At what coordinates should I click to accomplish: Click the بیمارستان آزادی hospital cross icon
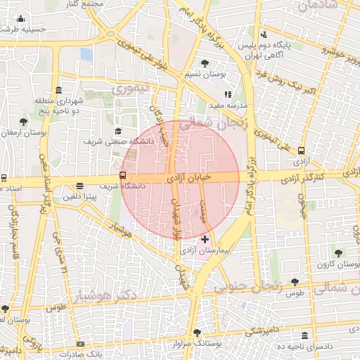[x=205, y=240]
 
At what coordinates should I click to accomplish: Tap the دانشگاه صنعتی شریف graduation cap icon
[x=118, y=131]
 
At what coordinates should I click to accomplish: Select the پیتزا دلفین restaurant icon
[x=79, y=187]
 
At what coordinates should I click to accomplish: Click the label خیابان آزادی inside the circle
[x=192, y=179]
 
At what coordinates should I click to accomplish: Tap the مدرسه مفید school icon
[x=228, y=94]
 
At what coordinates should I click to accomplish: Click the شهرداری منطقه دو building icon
[x=58, y=91]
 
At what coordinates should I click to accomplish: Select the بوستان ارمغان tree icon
[x=24, y=122]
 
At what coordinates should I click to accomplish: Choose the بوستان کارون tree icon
[x=339, y=253]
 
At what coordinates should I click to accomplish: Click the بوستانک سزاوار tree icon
[x=197, y=333]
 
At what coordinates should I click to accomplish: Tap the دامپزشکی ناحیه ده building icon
[x=304, y=336]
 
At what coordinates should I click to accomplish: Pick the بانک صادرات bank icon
[x=81, y=344]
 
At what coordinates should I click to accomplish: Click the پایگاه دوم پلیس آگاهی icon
[x=263, y=34]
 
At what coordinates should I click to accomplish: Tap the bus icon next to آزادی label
[x=302, y=150]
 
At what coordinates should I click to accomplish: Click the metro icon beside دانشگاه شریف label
[x=123, y=175]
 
